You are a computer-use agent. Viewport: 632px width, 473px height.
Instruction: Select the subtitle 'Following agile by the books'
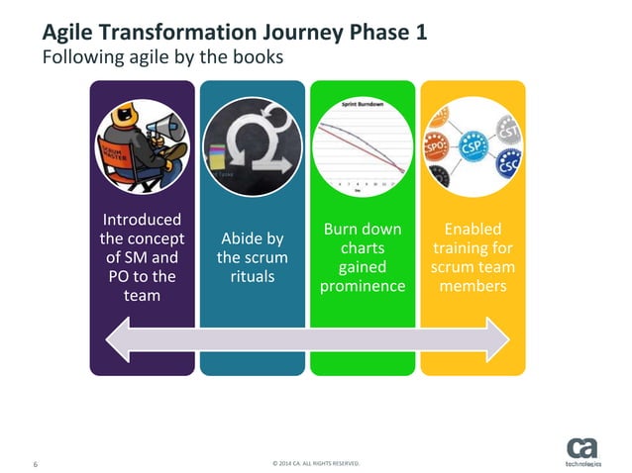(x=162, y=57)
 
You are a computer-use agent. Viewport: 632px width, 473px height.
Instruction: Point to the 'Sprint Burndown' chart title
(x=363, y=103)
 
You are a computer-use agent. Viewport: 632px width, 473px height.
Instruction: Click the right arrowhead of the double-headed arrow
(x=500, y=341)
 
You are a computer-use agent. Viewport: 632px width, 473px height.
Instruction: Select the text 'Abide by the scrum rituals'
(x=253, y=257)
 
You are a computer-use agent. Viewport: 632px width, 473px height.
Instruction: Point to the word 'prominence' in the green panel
(x=363, y=286)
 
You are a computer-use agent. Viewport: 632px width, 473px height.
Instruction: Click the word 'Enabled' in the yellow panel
(x=473, y=229)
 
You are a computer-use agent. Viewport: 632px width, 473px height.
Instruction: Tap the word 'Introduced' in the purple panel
(x=142, y=220)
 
